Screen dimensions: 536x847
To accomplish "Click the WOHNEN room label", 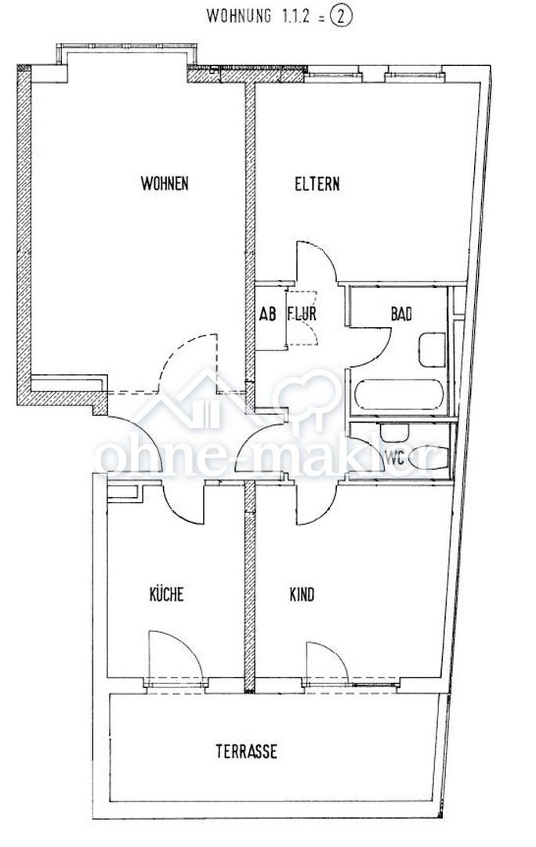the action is click(x=165, y=183).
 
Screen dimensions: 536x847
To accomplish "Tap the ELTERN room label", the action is click(x=317, y=184).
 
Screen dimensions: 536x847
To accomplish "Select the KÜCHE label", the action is click(x=166, y=594).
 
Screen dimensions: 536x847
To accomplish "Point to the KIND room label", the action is click(x=302, y=594).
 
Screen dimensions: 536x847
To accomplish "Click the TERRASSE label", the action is click(x=247, y=751).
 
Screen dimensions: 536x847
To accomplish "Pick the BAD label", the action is click(x=401, y=314).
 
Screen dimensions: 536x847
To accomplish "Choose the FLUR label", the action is click(x=302, y=314).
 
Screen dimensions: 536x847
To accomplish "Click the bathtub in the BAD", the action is click(x=399, y=394).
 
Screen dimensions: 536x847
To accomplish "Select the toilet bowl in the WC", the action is click(x=428, y=458).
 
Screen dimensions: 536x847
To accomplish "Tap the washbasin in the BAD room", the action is click(x=432, y=350).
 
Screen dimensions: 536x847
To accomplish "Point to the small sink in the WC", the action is click(x=395, y=432).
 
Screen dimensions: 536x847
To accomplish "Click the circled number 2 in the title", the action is click(x=341, y=16).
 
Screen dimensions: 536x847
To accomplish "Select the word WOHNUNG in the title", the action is click(x=238, y=16).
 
